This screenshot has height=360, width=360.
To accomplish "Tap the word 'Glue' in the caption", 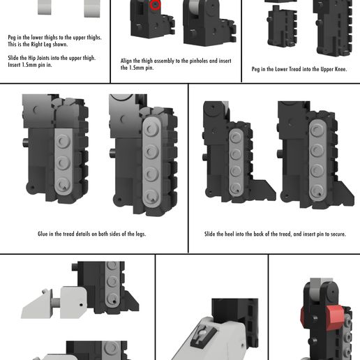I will (43, 234).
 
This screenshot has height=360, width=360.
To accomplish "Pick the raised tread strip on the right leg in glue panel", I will (152, 164).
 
